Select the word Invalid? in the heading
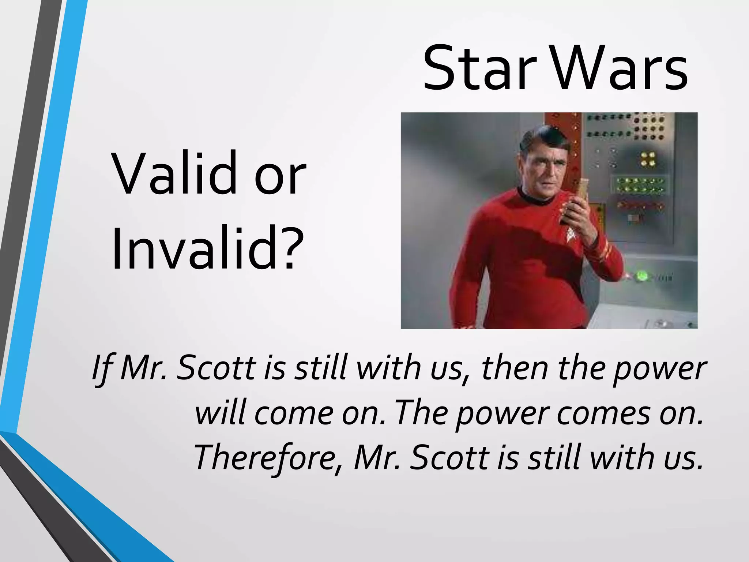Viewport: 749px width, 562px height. tap(207, 249)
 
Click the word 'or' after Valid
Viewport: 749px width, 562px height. tap(280, 179)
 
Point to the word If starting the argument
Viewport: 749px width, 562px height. tap(102, 368)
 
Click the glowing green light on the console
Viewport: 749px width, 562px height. tap(641, 276)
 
